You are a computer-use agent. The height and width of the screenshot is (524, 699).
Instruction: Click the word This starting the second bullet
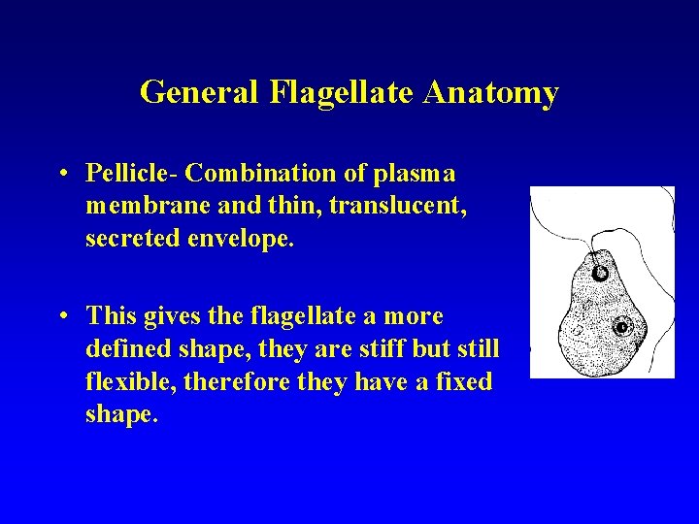(x=108, y=316)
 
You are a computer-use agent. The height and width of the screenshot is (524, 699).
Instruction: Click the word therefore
(x=222, y=382)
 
